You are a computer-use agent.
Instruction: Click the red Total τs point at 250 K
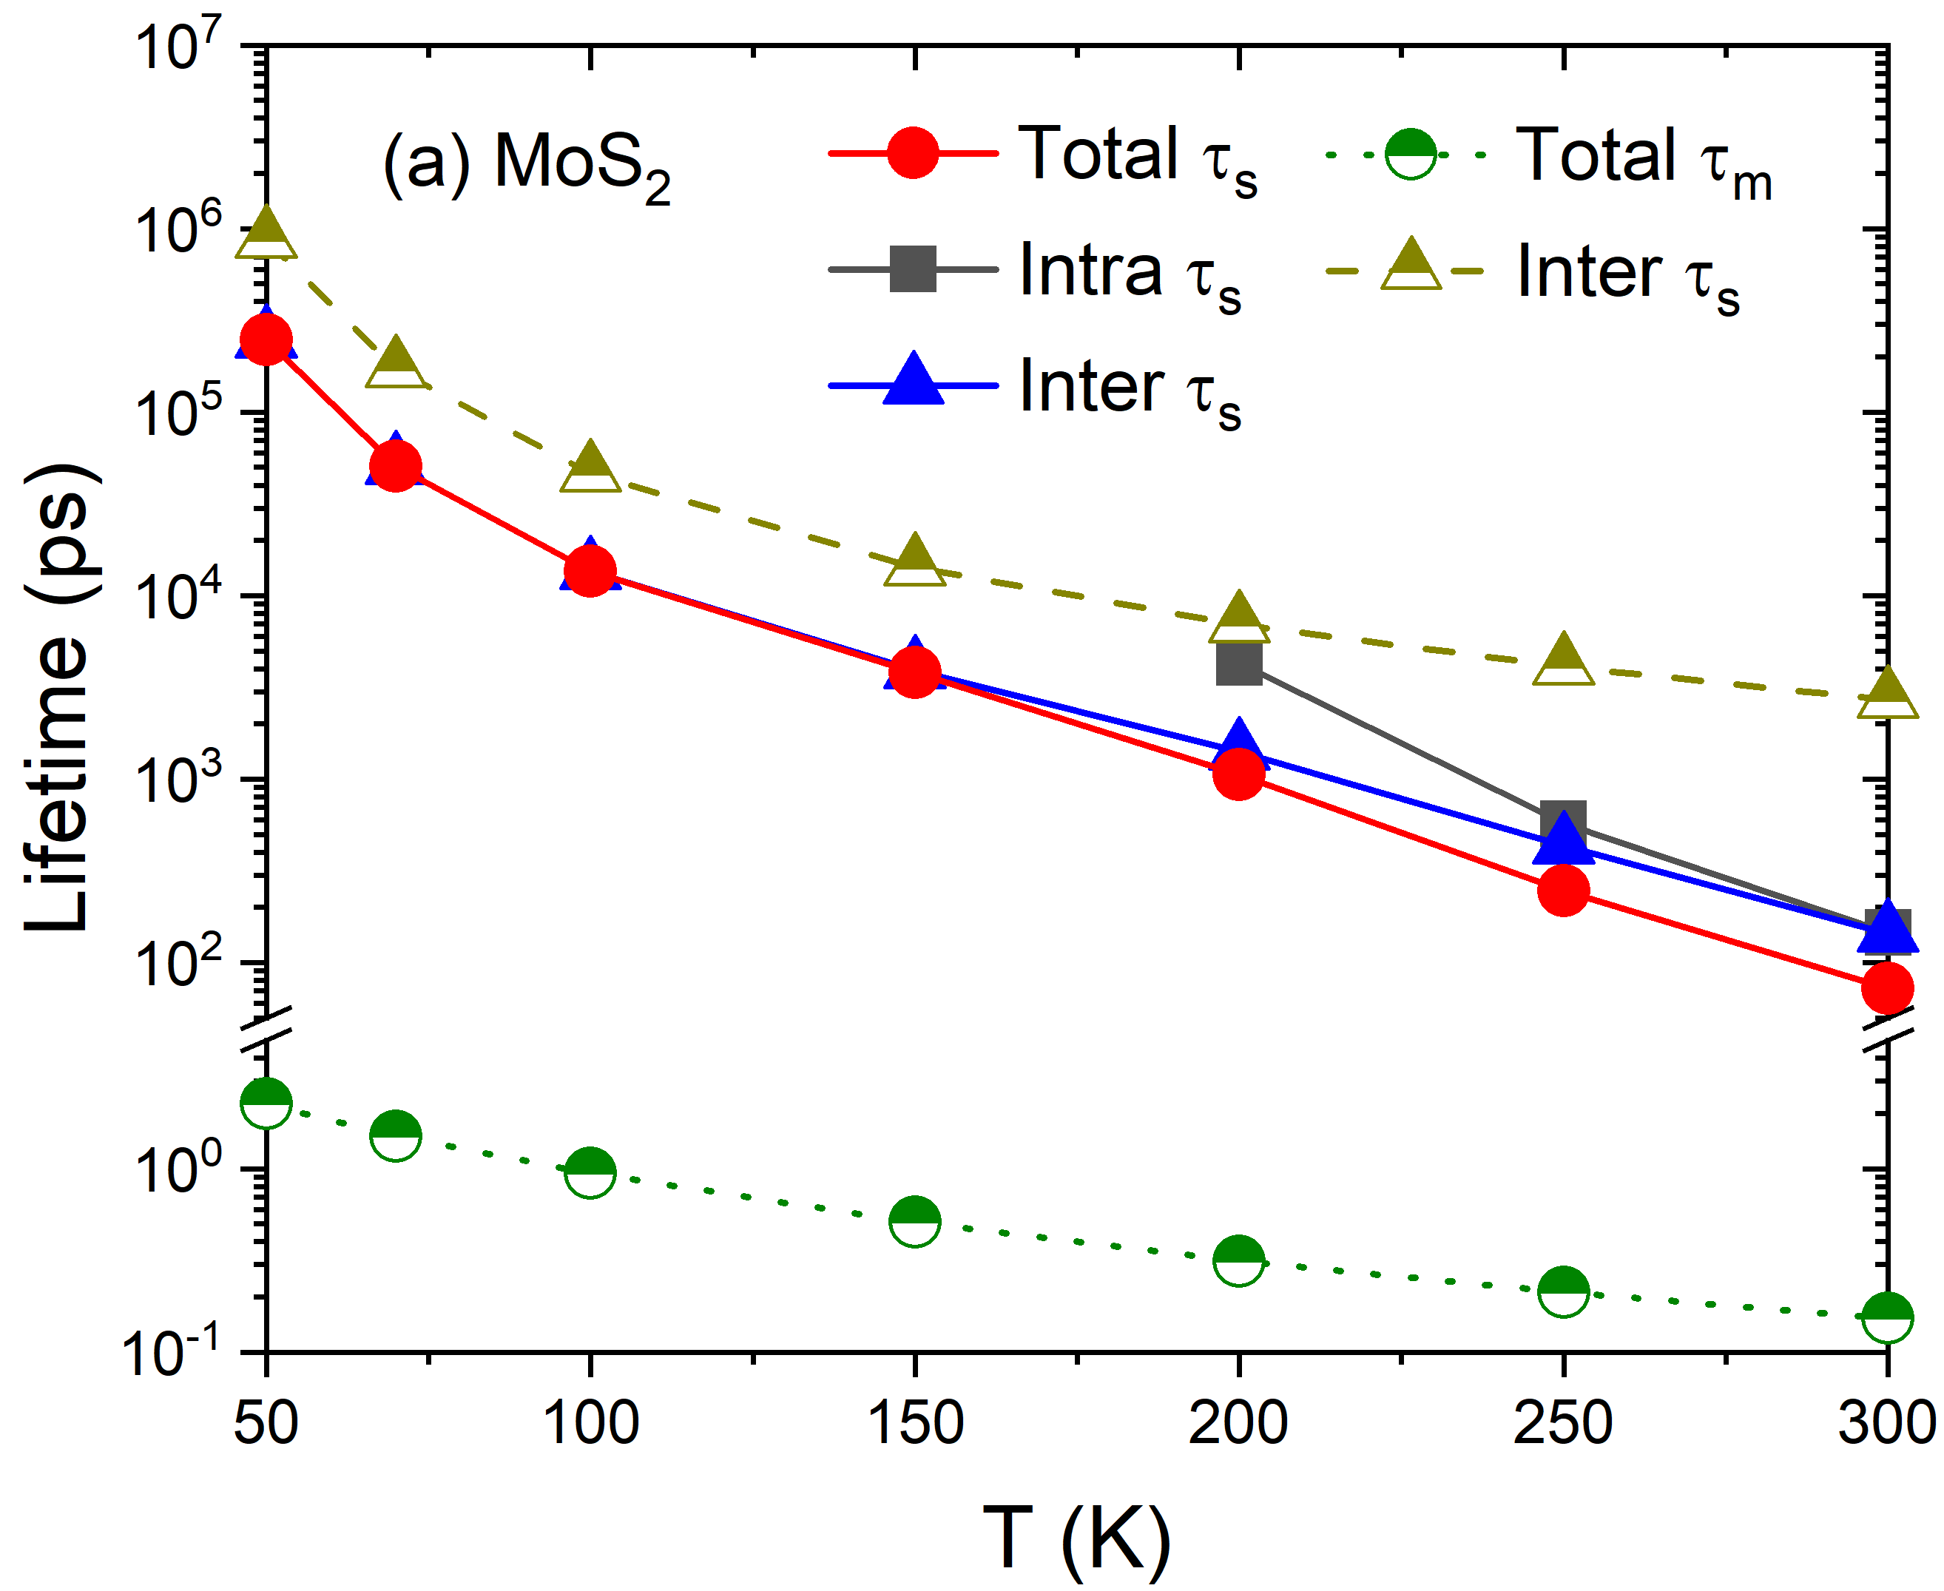click(1563, 890)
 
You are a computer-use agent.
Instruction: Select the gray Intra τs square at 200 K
click(1239, 662)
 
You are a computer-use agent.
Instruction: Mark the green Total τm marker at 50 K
click(266, 1103)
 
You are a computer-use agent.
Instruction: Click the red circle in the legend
click(913, 153)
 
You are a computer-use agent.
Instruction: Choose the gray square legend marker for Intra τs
click(913, 269)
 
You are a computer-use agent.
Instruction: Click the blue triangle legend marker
click(913, 380)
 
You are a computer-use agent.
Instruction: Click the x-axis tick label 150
click(915, 1423)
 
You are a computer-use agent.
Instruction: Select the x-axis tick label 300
click(1887, 1423)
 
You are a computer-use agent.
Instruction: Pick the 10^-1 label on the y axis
click(170, 1353)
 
